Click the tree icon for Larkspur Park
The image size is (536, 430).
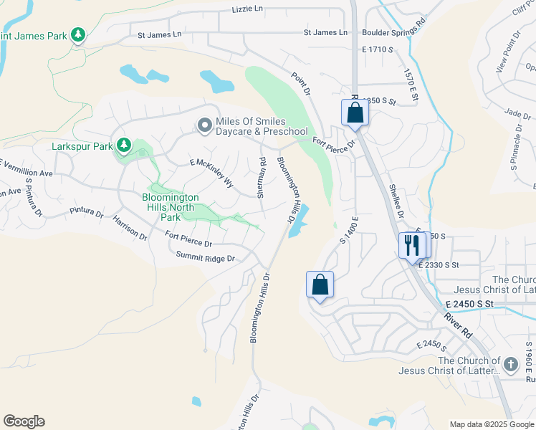pyautogui.click(x=124, y=145)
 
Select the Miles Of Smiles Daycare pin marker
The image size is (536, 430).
pyautogui.click(x=204, y=126)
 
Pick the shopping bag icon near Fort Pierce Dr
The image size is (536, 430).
pyautogui.click(x=355, y=112)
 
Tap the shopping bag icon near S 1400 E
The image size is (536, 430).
pyautogui.click(x=320, y=284)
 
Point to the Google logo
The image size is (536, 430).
pyautogui.click(x=24, y=421)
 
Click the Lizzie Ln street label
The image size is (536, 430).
pyautogui.click(x=248, y=9)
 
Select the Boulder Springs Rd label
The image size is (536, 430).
pyautogui.click(x=393, y=32)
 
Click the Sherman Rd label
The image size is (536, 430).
pyautogui.click(x=262, y=178)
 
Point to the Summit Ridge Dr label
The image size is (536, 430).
pyautogui.click(x=206, y=256)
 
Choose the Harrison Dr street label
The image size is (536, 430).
pyautogui.click(x=130, y=227)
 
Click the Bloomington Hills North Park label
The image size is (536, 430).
pyautogui.click(x=170, y=207)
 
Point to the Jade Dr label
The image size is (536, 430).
pyautogui.click(x=517, y=113)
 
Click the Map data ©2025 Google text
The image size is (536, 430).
pyautogui.click(x=492, y=424)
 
